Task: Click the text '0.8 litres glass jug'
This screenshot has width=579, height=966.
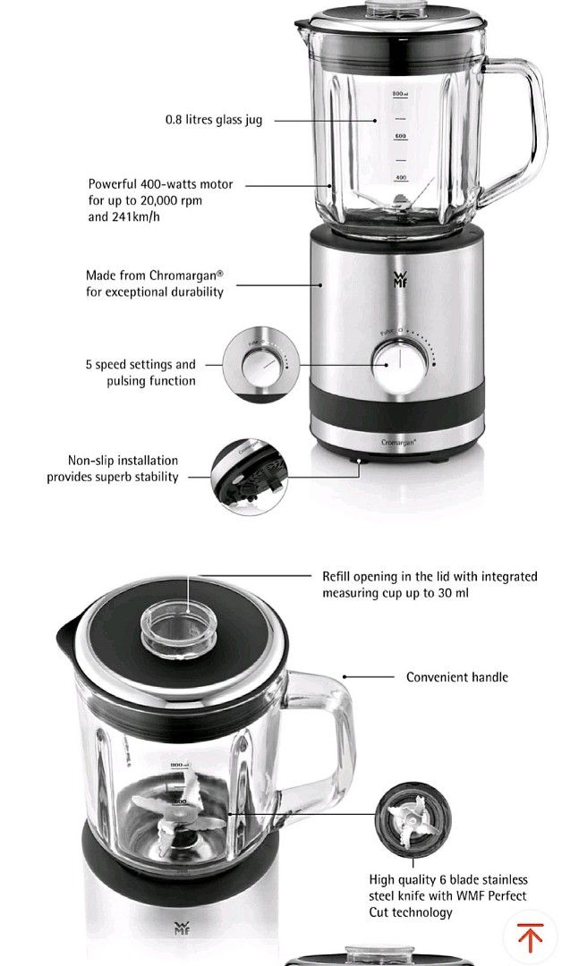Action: pos(214,120)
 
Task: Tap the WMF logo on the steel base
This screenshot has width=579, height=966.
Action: pos(399,279)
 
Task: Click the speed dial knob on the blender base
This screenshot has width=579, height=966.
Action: pos(394,363)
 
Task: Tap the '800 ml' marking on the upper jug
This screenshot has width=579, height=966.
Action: pos(400,93)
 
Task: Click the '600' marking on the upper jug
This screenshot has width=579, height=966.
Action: pos(401,136)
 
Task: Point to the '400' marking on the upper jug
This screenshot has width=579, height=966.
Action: pos(401,178)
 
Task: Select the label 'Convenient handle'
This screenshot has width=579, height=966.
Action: pos(456,677)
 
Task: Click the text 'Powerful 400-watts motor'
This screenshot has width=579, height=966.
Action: pos(160,184)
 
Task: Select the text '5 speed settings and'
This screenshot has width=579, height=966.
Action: pos(140,365)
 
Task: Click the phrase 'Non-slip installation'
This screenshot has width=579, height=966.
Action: pos(123,461)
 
